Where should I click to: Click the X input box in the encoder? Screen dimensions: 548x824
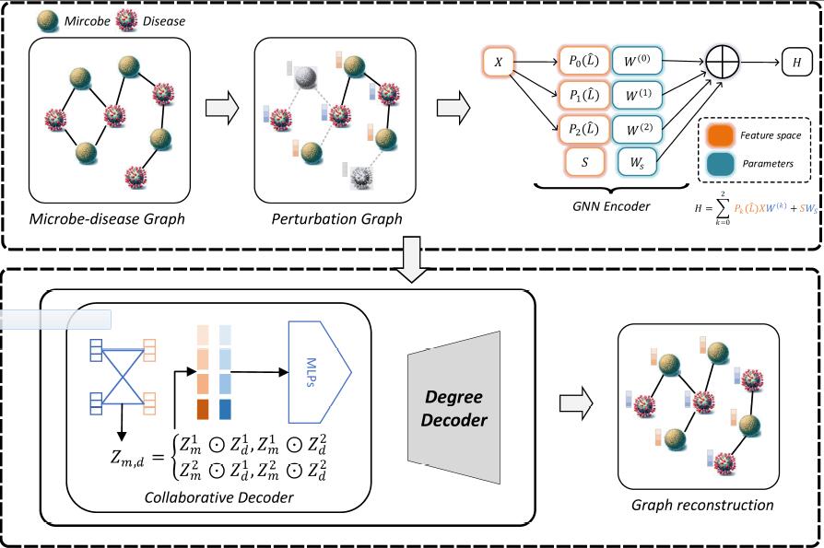click(499, 63)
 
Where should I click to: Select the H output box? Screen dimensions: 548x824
click(796, 63)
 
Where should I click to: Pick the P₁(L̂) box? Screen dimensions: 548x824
click(583, 94)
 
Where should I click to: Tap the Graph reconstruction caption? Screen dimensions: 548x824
click(702, 505)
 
